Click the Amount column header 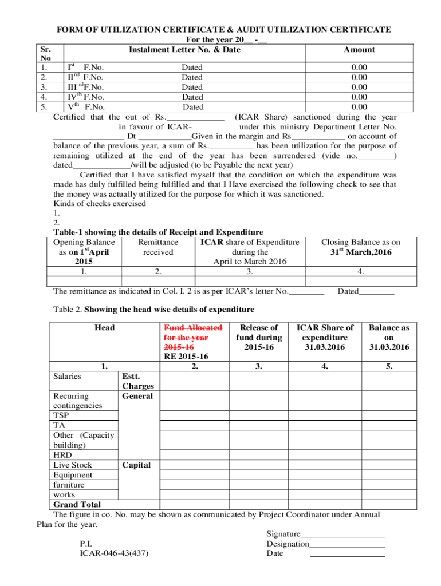(359, 50)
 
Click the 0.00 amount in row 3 (359, 87)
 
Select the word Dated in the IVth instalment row (192, 97)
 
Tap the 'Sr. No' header (43, 54)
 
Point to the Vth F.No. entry (86, 106)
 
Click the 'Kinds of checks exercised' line (99, 203)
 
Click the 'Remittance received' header (158, 247)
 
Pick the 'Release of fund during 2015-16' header (259, 337)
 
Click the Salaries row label (67, 376)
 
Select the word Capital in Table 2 (136, 465)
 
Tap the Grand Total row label (77, 504)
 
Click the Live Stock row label (72, 465)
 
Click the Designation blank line (346, 544)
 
